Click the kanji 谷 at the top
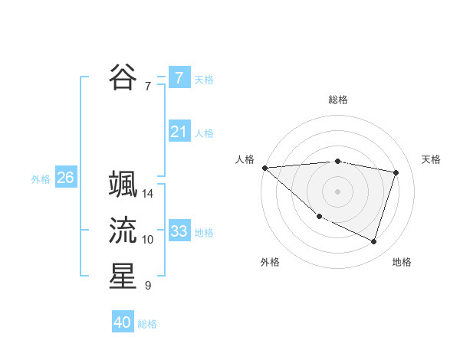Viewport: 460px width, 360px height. click(123, 77)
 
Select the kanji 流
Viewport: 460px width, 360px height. click(123, 231)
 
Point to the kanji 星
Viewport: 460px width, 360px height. click(123, 277)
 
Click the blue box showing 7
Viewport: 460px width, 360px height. click(179, 77)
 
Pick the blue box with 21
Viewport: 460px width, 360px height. click(179, 132)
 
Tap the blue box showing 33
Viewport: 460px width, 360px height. click(179, 231)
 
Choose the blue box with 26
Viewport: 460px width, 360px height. click(65, 178)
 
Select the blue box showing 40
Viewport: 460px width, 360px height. click(123, 322)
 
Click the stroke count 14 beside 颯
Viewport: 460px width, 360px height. click(148, 194)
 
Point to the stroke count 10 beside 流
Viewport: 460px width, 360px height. click(148, 240)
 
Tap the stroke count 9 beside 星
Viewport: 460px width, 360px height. click(148, 286)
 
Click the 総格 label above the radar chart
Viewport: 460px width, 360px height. click(338, 100)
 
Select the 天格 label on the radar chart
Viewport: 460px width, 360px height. click(432, 159)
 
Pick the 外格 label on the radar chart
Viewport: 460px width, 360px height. click(270, 262)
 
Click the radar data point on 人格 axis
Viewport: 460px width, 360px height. click(264, 168)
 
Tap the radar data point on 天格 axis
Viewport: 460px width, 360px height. click(396, 172)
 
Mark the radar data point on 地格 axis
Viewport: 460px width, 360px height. click(374, 241)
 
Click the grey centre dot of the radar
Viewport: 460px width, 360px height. click(338, 191)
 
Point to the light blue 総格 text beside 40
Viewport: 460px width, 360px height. click(147, 324)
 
